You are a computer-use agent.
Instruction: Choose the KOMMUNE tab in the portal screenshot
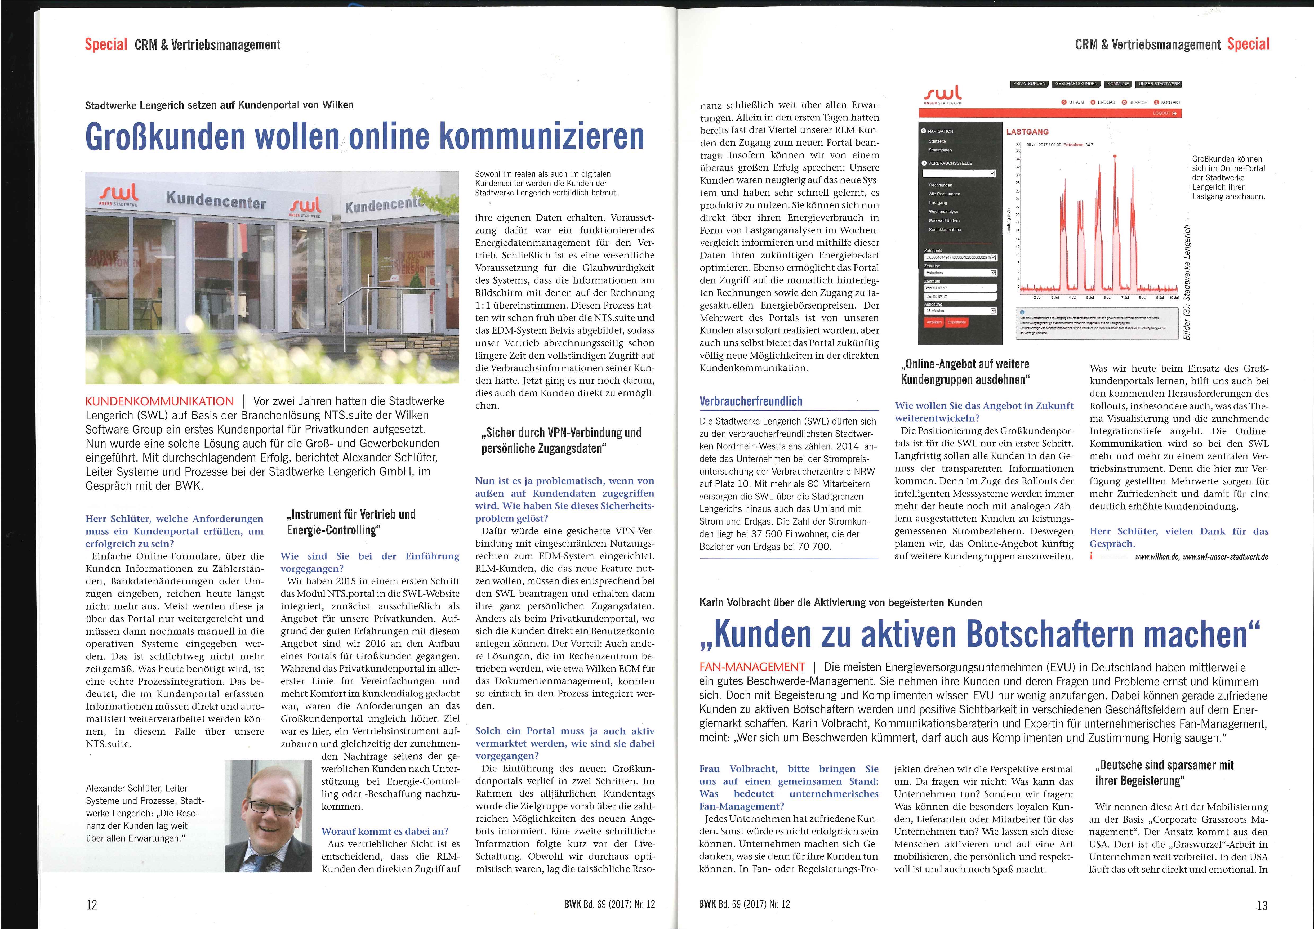click(x=1118, y=84)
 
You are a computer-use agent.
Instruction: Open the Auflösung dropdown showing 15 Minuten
click(x=960, y=311)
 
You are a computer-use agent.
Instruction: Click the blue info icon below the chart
click(x=1022, y=312)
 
